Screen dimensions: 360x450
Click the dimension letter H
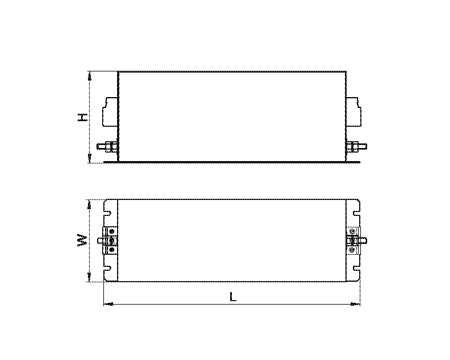tap(83, 117)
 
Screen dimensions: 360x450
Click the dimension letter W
tap(83, 241)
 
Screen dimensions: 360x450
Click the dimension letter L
tap(232, 297)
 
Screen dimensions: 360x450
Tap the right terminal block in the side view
tap(354, 111)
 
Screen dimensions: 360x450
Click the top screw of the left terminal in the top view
tap(112, 232)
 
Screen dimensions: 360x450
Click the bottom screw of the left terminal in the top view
tap(112, 249)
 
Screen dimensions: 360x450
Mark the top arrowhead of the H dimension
tap(89, 75)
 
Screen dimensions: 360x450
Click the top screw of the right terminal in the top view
tap(352, 231)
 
